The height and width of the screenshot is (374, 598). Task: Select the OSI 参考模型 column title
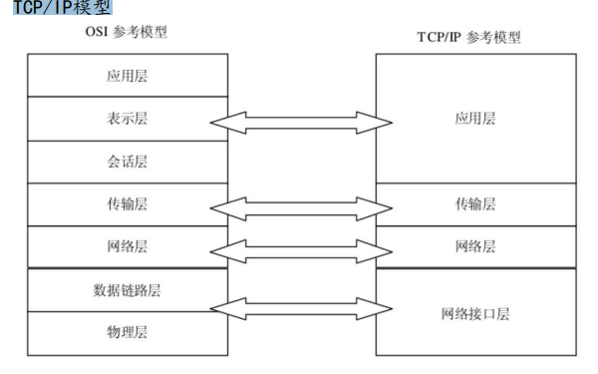126,32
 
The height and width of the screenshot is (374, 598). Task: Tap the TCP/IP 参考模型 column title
468,37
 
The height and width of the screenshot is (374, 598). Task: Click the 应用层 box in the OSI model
126,75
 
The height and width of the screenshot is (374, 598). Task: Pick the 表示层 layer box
126,118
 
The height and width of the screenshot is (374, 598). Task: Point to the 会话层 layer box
126,161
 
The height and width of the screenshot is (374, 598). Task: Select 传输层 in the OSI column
126,203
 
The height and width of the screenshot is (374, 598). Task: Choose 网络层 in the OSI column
126,245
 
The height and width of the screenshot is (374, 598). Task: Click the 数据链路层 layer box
126,289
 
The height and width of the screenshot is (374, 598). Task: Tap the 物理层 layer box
126,332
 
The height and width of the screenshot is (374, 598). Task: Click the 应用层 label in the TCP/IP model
474,118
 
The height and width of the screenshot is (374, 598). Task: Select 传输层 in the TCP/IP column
474,203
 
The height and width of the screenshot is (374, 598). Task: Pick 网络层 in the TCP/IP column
474,245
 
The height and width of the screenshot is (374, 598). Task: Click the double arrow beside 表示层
301,122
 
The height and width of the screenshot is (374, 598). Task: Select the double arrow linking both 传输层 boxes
301,207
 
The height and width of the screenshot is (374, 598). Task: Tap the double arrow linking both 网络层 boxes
301,249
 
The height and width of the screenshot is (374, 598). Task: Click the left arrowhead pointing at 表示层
221,122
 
